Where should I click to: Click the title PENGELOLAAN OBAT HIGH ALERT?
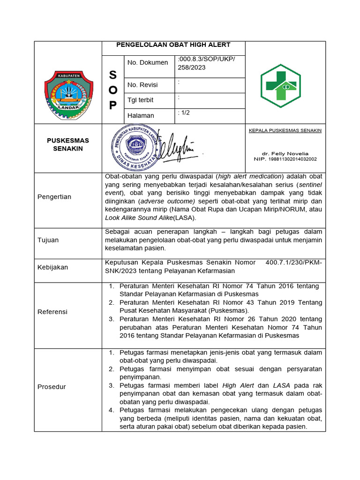click(x=173, y=45)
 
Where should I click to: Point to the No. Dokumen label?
click(x=147, y=62)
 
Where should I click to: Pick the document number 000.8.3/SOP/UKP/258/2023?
click(x=206, y=63)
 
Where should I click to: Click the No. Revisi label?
click(x=142, y=85)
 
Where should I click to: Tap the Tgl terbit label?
click(x=140, y=100)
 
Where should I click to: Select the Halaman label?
click(x=141, y=115)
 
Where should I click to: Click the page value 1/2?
click(x=184, y=113)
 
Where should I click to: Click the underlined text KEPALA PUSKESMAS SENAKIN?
click(x=285, y=130)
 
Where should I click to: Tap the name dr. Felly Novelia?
click(x=285, y=153)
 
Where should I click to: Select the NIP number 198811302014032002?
click(x=285, y=159)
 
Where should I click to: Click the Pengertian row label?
click(x=54, y=197)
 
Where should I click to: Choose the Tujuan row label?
click(x=48, y=240)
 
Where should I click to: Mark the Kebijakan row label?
click(x=52, y=267)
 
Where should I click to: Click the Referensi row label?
click(x=52, y=312)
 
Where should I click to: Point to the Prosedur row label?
click(x=52, y=387)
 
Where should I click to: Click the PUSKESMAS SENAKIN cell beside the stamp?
click(x=68, y=144)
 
